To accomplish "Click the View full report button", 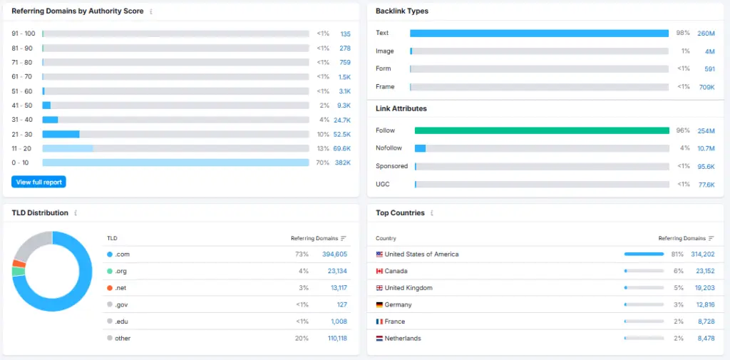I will pyautogui.click(x=38, y=182).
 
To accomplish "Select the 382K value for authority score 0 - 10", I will pyautogui.click(x=343, y=163).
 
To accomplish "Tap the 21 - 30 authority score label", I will pyautogui.click(x=22, y=134).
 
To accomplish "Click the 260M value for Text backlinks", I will pyautogui.click(x=706, y=34).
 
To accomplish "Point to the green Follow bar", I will pyautogui.click(x=542, y=130).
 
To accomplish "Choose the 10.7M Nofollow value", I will pyautogui.click(x=706, y=148).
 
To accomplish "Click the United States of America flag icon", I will pyautogui.click(x=379, y=254).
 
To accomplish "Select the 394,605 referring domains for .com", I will pyautogui.click(x=334, y=254).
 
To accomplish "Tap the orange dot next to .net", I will pyautogui.click(x=110, y=288).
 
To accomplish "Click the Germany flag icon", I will pyautogui.click(x=379, y=305).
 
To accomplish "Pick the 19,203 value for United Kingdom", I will pyautogui.click(x=701, y=288).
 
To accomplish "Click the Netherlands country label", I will pyautogui.click(x=402, y=339).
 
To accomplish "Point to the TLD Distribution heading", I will pyautogui.click(x=40, y=213).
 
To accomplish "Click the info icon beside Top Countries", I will pyautogui.click(x=431, y=213).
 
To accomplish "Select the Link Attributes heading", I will pyautogui.click(x=401, y=108).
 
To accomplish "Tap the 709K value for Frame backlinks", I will pyautogui.click(x=706, y=87).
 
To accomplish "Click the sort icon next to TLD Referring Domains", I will pyautogui.click(x=344, y=238).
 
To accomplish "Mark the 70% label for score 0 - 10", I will pyautogui.click(x=323, y=163).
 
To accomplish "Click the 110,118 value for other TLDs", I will pyautogui.click(x=337, y=339).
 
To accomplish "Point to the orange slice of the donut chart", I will pyautogui.click(x=19, y=264).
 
